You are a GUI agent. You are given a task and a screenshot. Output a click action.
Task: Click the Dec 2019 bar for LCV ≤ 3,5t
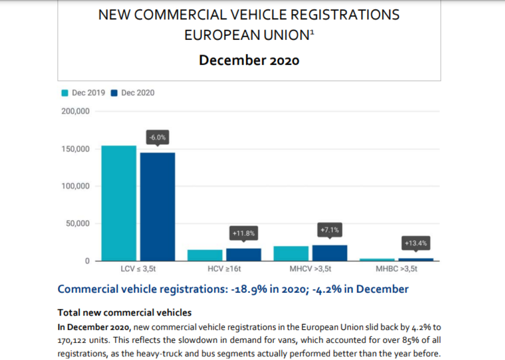119,203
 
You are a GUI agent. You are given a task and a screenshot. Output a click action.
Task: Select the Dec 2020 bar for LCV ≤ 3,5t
158,207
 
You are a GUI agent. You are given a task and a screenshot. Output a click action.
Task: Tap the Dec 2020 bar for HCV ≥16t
244,254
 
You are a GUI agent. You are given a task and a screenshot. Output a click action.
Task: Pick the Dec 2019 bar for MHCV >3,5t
291,253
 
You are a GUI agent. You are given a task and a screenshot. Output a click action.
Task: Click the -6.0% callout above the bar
157,137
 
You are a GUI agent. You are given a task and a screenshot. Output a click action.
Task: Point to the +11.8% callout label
244,233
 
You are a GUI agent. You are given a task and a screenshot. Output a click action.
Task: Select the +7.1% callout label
330,230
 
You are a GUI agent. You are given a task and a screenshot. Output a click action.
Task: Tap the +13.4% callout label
416,243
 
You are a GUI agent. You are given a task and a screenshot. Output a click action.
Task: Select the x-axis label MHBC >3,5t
396,269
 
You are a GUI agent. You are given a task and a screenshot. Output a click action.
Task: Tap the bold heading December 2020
249,61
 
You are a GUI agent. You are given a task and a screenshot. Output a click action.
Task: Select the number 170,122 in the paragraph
74,340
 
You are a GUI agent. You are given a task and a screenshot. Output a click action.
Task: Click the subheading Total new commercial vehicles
124,313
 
